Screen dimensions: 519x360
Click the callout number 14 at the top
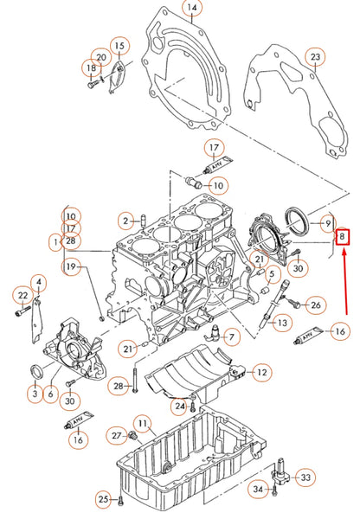[x=192, y=8]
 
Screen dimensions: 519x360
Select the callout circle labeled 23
[x=316, y=57]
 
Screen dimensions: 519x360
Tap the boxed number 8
[x=343, y=235]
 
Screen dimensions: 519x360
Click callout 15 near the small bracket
[x=119, y=45]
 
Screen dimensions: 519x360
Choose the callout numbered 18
[x=91, y=67]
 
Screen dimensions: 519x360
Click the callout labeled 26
[x=316, y=304]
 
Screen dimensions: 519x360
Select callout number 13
[x=281, y=323]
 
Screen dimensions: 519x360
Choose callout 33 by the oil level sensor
[x=306, y=477]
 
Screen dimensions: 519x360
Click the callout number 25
[x=103, y=500]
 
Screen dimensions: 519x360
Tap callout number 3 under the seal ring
[x=34, y=394]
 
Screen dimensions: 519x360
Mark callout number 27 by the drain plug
[x=116, y=434]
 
